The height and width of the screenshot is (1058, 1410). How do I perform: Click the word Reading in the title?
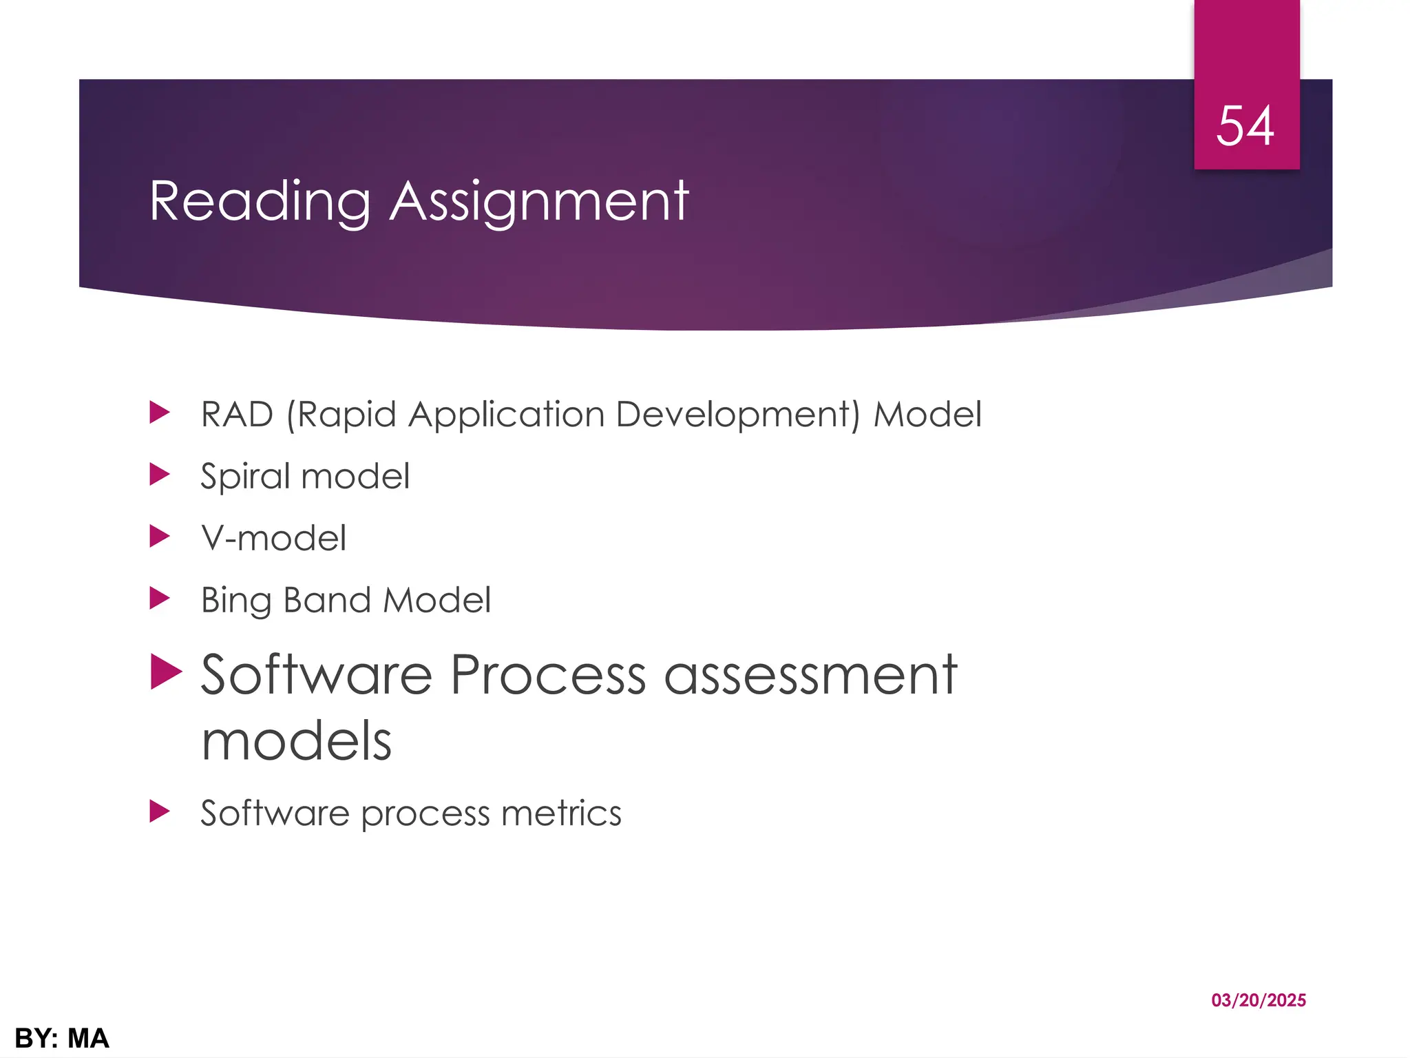[x=260, y=201]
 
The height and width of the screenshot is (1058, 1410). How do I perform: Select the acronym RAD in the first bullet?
[x=237, y=415]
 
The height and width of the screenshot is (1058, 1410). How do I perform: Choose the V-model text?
[x=273, y=538]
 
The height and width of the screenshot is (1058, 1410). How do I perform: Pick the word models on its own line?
[x=296, y=741]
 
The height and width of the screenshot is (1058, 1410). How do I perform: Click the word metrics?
[x=561, y=813]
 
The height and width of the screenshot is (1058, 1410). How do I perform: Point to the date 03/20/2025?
[x=1259, y=1000]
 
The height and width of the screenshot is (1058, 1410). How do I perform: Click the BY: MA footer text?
[x=62, y=1038]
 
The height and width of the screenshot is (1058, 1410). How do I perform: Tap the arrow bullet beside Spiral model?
[x=159, y=474]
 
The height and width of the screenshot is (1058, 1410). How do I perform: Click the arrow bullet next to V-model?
[x=159, y=536]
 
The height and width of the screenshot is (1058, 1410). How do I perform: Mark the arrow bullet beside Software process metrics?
[x=159, y=811]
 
